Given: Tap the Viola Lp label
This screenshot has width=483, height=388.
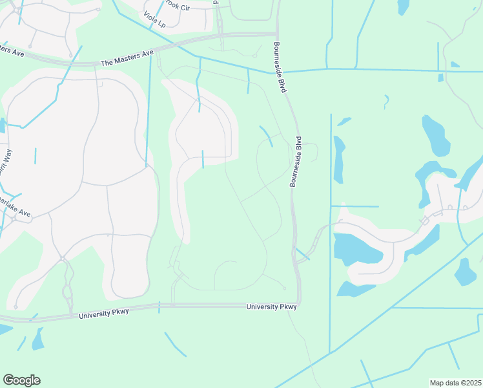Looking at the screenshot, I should pyautogui.click(x=155, y=22).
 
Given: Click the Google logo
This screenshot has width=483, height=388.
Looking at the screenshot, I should pyautogui.click(x=21, y=380).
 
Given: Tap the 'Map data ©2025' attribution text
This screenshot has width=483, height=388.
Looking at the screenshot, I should pyautogui.click(x=455, y=383).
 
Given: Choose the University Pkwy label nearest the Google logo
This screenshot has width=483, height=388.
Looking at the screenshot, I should pyautogui.click(x=104, y=313).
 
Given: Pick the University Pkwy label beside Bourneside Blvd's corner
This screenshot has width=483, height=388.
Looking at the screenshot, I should pyautogui.click(x=271, y=307).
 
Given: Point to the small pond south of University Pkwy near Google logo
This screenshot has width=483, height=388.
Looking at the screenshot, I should pyautogui.click(x=38, y=339).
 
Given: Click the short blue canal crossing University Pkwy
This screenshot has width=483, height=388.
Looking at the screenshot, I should pyautogui.click(x=159, y=307).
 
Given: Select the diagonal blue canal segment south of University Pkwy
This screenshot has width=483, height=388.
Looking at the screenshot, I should pyautogui.click(x=175, y=344).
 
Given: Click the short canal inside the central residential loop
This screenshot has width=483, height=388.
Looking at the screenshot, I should pyautogui.click(x=203, y=159).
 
